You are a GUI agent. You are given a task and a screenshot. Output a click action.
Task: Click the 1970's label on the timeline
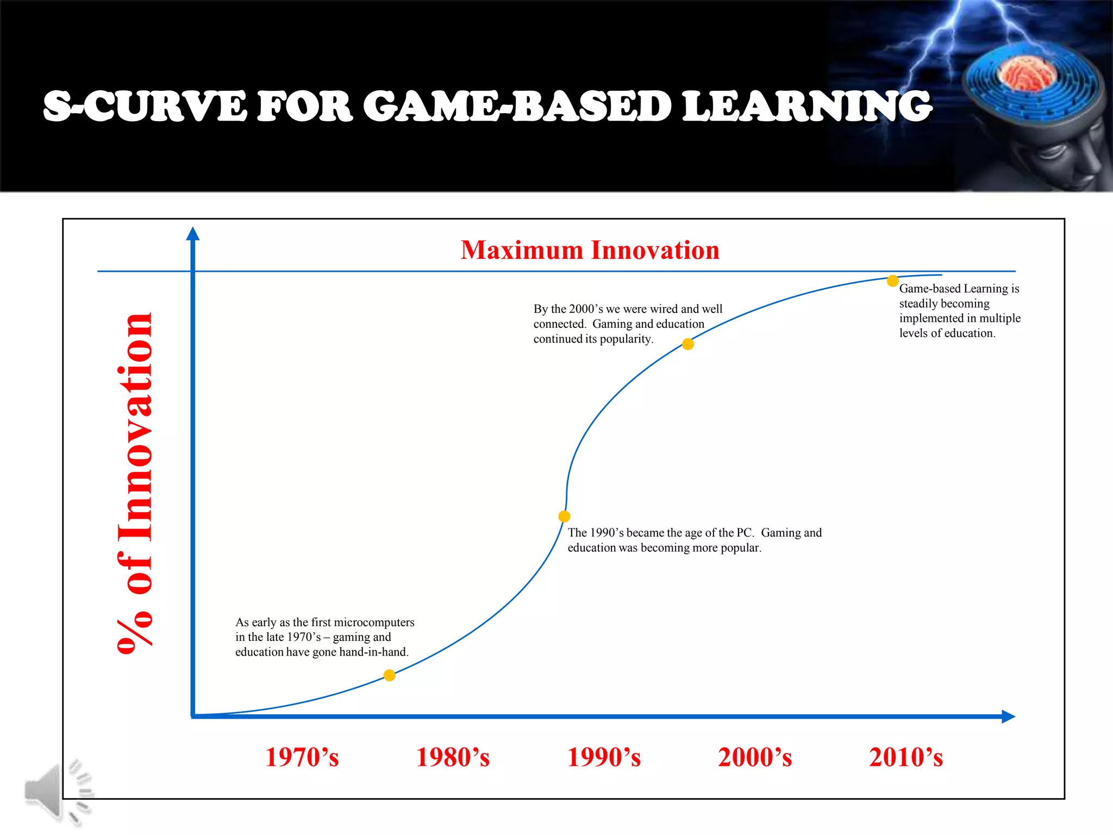click(302, 757)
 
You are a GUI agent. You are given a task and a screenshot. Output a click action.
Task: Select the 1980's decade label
click(453, 757)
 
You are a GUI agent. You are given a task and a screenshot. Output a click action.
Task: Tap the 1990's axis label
click(604, 757)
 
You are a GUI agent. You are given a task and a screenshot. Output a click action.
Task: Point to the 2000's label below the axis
click(755, 757)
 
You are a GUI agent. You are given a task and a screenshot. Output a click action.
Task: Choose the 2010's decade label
click(906, 757)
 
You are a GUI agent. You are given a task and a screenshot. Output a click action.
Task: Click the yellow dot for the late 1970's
click(389, 675)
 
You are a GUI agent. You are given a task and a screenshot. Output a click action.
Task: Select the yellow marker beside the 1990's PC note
click(564, 516)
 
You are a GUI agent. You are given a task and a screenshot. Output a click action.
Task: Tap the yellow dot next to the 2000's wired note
click(688, 344)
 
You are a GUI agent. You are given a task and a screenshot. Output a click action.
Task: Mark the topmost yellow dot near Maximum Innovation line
click(892, 281)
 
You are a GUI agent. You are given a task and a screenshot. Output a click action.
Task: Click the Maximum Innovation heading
click(590, 250)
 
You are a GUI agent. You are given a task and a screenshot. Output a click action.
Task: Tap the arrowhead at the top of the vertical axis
click(193, 234)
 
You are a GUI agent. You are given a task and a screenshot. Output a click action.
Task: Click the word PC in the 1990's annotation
click(744, 533)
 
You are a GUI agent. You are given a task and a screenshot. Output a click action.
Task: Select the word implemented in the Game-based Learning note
click(930, 319)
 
